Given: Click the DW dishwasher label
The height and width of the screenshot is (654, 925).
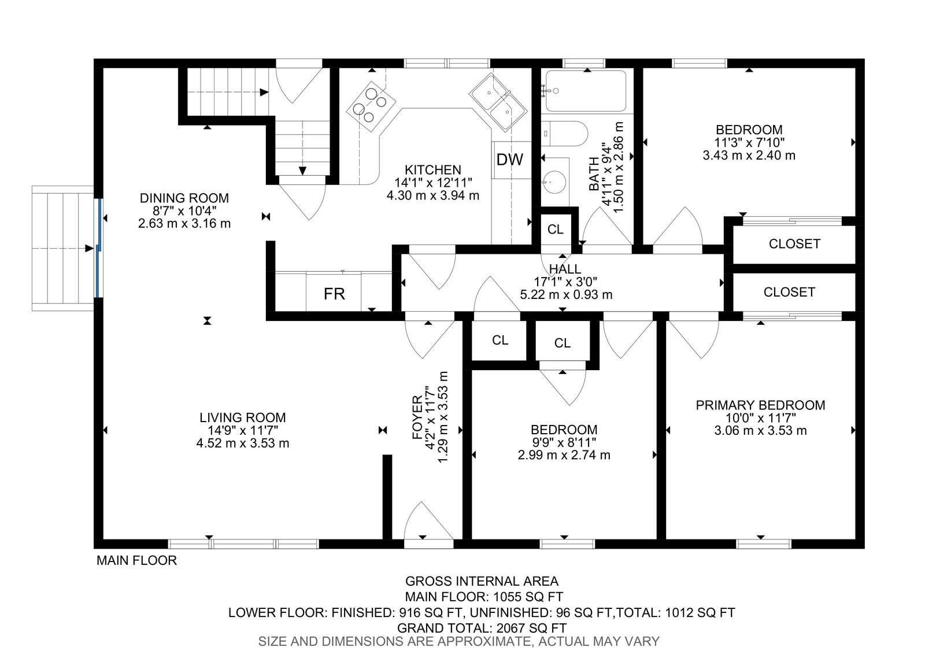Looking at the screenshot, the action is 509,160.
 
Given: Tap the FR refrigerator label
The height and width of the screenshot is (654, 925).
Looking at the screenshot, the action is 334,294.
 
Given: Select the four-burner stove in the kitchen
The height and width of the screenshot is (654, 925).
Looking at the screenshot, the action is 371,106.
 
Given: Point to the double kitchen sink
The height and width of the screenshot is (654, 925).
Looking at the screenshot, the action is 498,102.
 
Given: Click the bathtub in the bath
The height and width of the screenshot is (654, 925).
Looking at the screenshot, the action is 586,91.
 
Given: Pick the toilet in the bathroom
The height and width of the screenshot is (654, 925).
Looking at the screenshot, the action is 564,134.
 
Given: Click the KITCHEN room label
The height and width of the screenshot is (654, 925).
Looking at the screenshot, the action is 433,170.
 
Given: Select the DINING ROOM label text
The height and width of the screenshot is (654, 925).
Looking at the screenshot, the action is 184,198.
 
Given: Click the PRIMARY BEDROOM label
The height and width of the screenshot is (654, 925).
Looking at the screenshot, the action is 760,405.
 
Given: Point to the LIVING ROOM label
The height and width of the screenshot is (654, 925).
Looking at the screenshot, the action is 242,417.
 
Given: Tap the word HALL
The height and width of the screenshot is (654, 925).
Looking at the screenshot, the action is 565,269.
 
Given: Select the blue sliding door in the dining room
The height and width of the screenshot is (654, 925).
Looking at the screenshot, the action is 99,248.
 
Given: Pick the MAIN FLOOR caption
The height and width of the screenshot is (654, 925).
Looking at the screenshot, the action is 136,560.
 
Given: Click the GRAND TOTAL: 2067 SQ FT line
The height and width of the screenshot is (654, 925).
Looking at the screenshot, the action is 482,628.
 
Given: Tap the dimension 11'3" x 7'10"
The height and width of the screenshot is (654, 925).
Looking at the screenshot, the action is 749,142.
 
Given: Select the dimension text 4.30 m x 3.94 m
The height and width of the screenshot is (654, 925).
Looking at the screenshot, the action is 433,195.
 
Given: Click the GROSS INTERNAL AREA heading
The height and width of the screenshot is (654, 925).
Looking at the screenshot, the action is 482,581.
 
